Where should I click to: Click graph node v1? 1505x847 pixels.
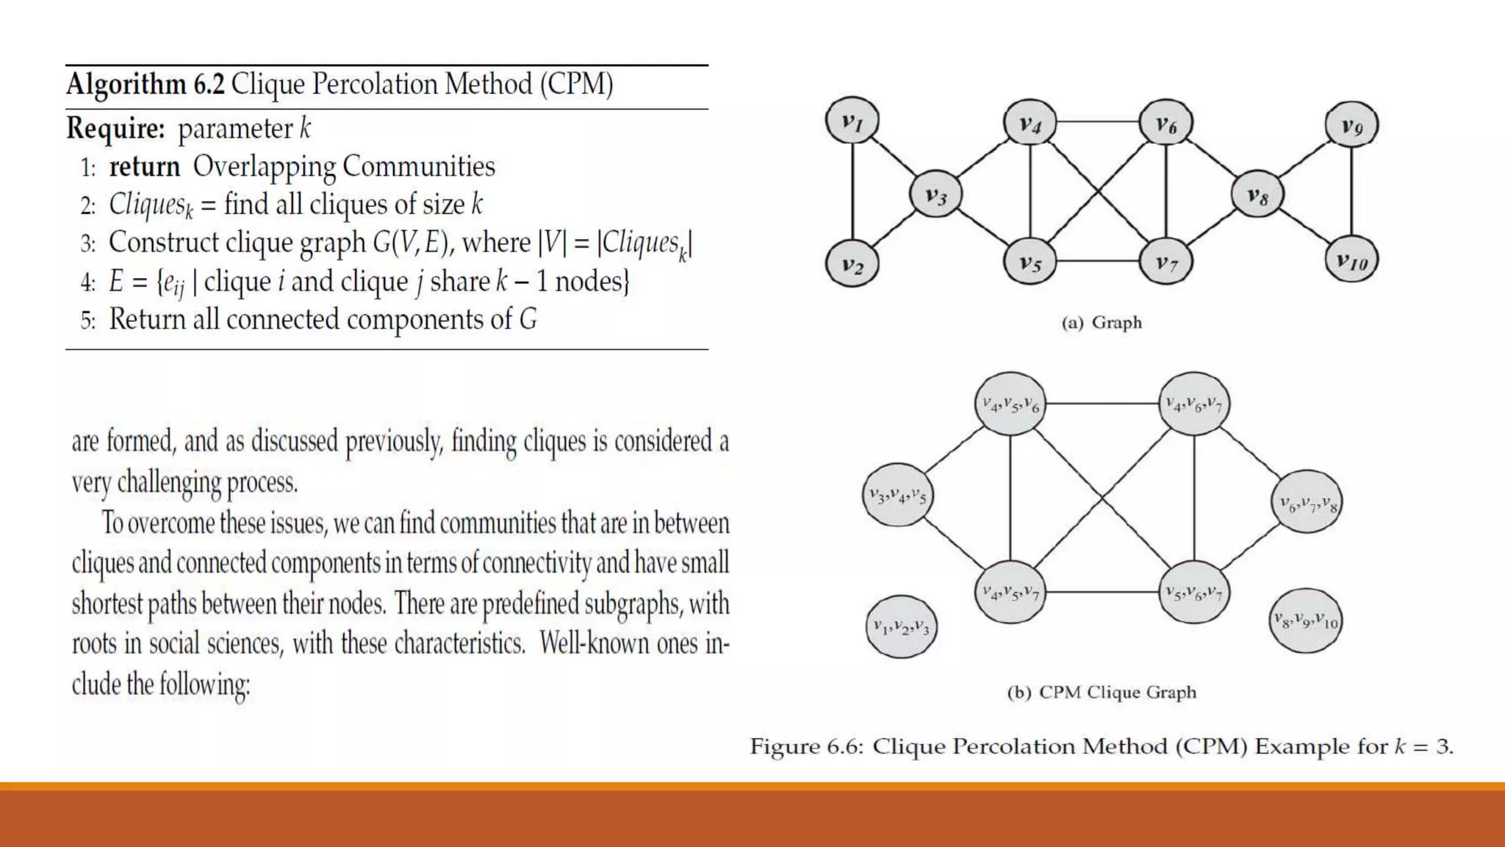[x=852, y=121]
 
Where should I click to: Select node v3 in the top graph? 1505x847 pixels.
[x=935, y=195]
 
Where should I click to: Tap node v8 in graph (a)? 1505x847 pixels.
[x=1257, y=195]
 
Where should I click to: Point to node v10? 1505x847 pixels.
[x=1351, y=260]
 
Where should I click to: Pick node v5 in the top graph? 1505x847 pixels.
[x=1030, y=262]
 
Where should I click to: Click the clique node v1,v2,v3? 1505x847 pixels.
[x=901, y=627]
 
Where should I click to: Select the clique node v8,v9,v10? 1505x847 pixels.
[x=1306, y=621]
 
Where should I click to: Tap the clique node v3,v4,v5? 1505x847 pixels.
[x=897, y=496]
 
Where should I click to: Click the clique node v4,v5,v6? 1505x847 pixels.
[x=1010, y=404]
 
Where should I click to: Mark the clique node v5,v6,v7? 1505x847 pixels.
[x=1193, y=592]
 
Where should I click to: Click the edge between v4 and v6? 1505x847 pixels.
[x=1098, y=121]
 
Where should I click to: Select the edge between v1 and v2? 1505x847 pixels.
[x=852, y=193]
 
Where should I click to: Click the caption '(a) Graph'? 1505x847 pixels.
[x=1102, y=323]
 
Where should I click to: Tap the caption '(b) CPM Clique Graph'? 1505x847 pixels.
[x=1102, y=693]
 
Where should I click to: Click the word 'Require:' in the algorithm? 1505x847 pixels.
[x=115, y=129]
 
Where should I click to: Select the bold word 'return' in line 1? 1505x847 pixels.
[x=145, y=167]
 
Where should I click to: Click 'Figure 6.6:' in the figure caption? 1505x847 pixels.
[x=806, y=747]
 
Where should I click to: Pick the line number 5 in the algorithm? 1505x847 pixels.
[x=87, y=321]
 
